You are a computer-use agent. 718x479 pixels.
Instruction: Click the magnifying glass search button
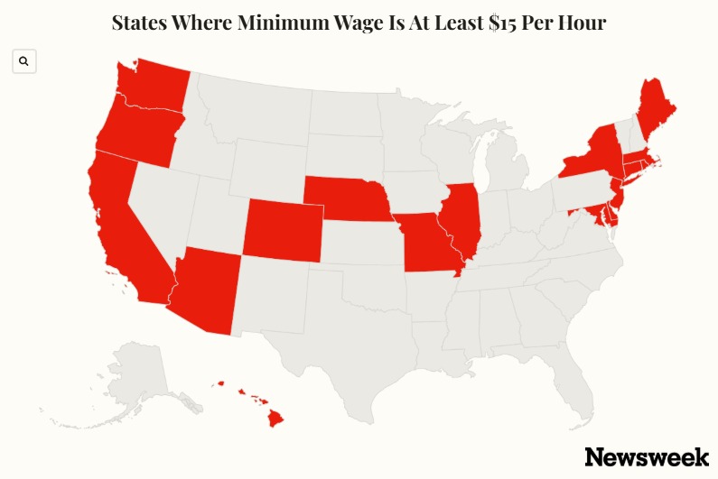(23, 61)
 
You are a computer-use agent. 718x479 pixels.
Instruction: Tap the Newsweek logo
(646, 456)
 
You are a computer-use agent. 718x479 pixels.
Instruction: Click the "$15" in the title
(474, 23)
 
